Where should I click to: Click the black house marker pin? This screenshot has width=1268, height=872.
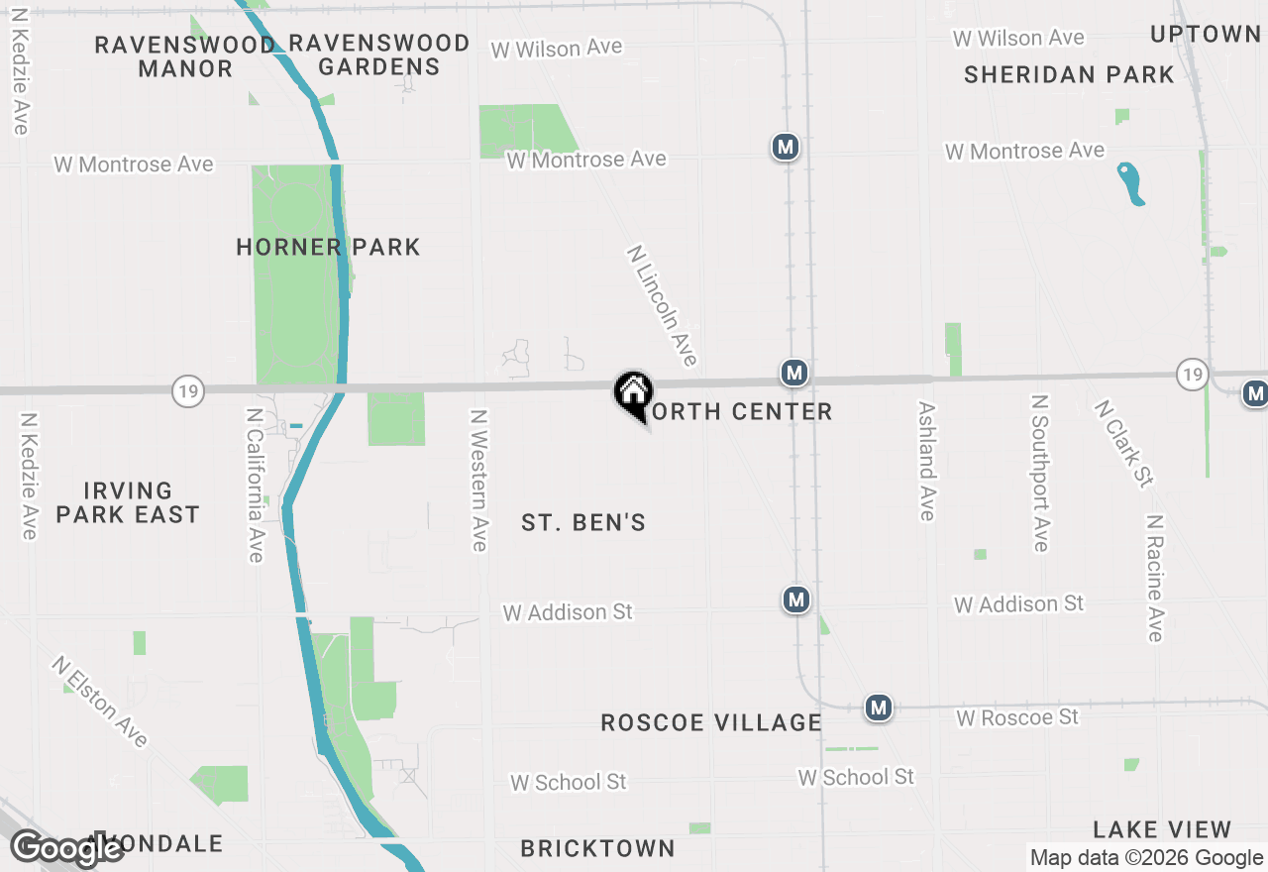633,392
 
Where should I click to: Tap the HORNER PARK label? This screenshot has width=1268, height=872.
328,247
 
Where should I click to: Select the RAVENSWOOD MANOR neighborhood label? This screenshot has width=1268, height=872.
185,56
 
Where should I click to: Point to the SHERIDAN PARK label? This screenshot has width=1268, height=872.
1069,74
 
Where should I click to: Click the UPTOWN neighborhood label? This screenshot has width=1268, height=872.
1205,34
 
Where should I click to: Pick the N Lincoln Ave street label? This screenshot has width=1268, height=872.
663,305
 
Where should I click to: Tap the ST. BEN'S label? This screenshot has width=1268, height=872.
583,522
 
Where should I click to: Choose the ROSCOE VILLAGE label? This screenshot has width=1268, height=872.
711,722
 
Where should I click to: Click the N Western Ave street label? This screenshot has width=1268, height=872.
479,481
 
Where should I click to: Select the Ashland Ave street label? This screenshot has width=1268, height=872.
927,461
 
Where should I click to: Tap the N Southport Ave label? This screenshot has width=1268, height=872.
1039,473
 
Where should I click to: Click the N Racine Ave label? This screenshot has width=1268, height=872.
1155,578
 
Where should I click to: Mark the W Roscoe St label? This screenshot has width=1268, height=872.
1017,716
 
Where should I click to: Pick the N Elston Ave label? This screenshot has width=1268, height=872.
101,701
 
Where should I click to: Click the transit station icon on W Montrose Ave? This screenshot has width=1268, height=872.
786,148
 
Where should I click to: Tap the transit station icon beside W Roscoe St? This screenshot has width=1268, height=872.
878,708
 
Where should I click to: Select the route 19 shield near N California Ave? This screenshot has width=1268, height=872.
187,391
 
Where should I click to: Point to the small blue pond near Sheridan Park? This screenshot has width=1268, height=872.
1131,183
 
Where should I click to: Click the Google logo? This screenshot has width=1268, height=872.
67,848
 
